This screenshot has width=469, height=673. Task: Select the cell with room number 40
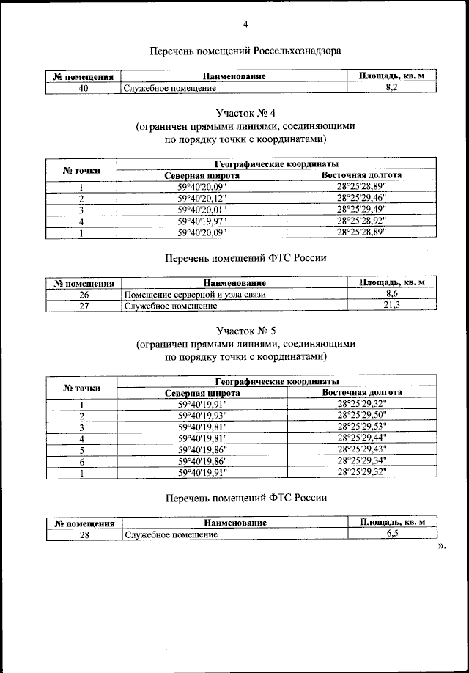tap(84, 87)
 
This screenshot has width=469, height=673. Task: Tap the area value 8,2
tap(391, 87)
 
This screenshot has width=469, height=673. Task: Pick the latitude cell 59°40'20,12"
tap(203, 198)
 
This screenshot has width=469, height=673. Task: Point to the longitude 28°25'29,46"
tap(361, 198)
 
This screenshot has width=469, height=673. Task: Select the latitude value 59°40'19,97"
tap(203, 221)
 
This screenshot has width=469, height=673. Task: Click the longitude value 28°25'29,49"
tap(361, 209)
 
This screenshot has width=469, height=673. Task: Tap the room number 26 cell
tap(84, 294)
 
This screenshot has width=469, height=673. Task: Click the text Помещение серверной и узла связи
tap(194, 294)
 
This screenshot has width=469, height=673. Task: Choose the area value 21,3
tap(391, 305)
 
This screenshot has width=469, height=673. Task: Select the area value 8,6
tap(391, 293)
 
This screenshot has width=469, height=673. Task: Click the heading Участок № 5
tap(245, 331)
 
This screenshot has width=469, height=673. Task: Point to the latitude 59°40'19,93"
tap(203, 416)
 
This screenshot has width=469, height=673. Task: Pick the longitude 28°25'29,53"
tap(361, 427)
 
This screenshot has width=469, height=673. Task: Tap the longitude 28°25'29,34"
tap(361, 460)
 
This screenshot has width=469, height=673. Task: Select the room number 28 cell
tap(84, 534)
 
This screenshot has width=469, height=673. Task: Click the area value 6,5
tap(391, 534)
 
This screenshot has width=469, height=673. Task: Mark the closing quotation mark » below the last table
tap(442, 546)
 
